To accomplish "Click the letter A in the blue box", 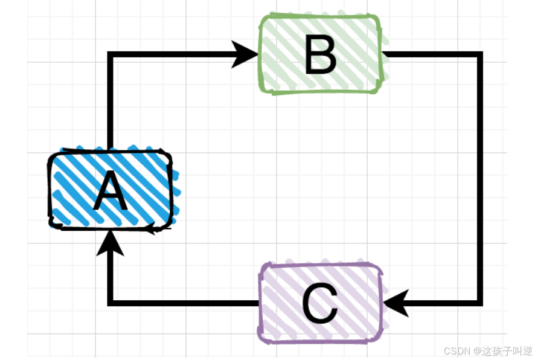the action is tap(111, 191).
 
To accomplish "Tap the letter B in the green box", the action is tap(320, 56).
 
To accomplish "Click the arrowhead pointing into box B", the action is tap(246, 54).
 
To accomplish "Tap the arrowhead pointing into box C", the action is tap(396, 303).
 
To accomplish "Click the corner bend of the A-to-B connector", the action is tap(111, 55).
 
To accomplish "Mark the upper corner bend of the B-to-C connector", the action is tap(480, 55).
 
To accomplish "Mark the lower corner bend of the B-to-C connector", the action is tap(480, 302).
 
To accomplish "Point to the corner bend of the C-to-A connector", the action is tap(111, 303).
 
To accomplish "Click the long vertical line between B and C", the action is tap(480, 181).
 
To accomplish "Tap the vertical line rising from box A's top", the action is tap(111, 103).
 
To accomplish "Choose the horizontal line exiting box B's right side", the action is tap(432, 55).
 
